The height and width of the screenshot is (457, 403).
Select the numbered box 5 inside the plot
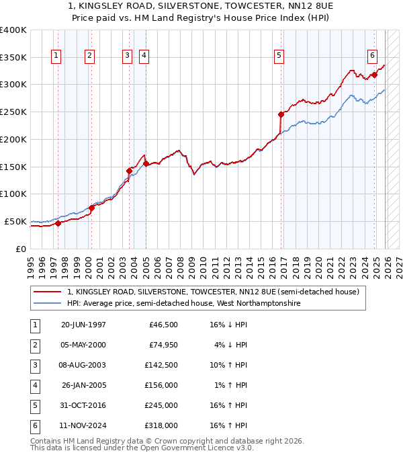point(279,56)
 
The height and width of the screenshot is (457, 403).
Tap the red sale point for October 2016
point(281,114)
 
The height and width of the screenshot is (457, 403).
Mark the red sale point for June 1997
point(58,223)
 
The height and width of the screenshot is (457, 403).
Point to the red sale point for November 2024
point(374,75)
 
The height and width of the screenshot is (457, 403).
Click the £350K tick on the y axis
point(13,57)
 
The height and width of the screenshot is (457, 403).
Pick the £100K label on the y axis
point(13,194)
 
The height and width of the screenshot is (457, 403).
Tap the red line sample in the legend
point(47,292)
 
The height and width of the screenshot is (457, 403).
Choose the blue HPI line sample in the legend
point(47,304)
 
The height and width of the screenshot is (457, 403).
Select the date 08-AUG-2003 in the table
point(83,365)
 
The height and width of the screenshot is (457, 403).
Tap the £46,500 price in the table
point(163,325)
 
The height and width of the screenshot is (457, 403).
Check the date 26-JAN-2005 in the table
point(83,385)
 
